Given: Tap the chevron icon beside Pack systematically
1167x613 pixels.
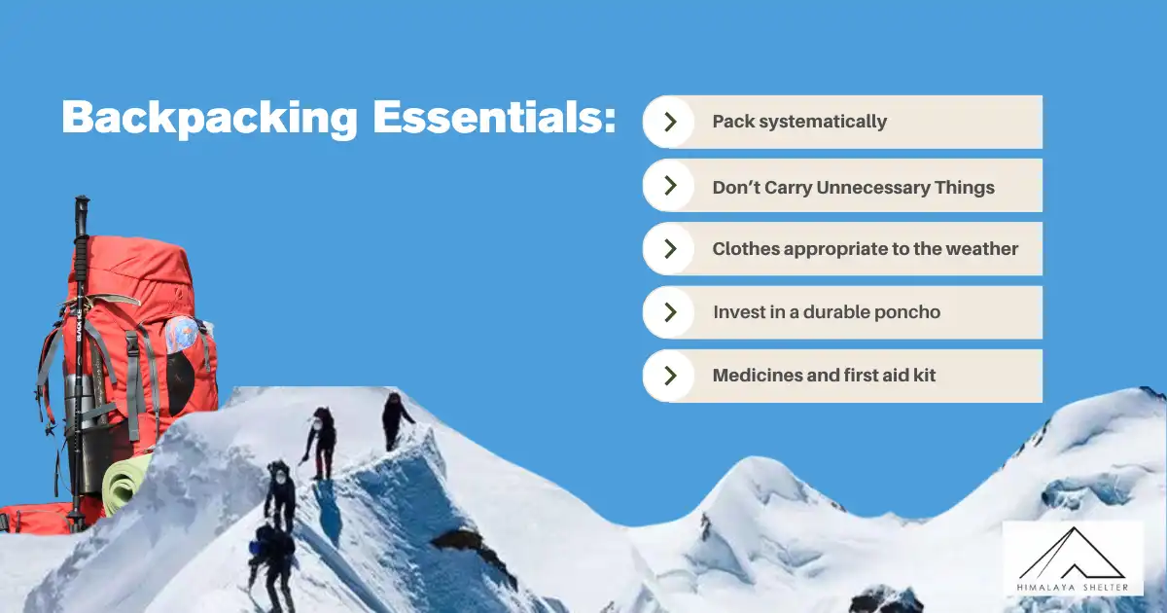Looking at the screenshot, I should pos(670,122).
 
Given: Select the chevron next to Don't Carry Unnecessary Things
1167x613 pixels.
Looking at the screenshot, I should pos(670,185).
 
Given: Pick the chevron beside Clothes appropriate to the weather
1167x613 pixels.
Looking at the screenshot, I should pos(670,248).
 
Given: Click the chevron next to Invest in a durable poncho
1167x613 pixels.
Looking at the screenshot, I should pos(670,311).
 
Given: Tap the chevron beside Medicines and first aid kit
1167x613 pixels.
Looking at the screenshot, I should pos(670,375).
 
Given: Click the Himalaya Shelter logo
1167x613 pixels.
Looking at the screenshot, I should pos(1073,559).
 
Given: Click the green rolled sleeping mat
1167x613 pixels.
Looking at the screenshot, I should pos(124,485).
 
